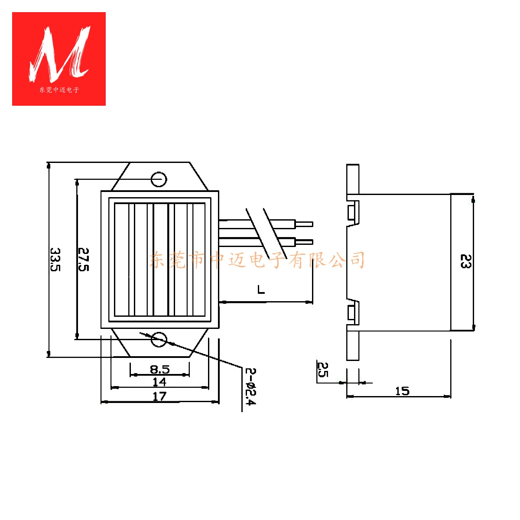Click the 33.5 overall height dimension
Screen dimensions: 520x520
point(55,259)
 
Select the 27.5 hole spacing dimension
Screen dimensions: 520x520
point(83,259)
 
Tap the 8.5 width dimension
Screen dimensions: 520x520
point(160,369)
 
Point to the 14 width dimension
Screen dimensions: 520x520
point(159,382)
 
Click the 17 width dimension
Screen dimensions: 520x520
point(159,396)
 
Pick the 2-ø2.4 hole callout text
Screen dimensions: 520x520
point(250,387)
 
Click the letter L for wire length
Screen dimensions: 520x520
point(261,289)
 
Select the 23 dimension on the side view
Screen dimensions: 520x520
point(465,261)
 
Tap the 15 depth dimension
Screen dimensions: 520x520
point(402,391)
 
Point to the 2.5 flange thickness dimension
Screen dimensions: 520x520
point(322,370)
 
